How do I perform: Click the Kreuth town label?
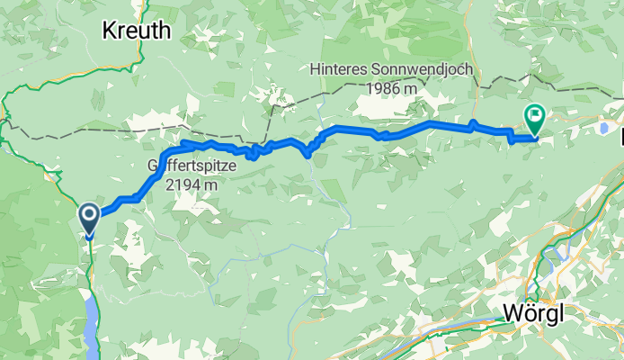coord(136,31)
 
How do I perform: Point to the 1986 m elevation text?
coord(391,88)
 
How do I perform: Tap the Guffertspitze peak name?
coord(184,166)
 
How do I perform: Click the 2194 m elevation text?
coord(186,184)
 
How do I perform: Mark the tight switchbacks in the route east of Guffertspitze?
coord(254,150)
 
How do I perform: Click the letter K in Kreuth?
coord(110,31)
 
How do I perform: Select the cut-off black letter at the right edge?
coord(620,138)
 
